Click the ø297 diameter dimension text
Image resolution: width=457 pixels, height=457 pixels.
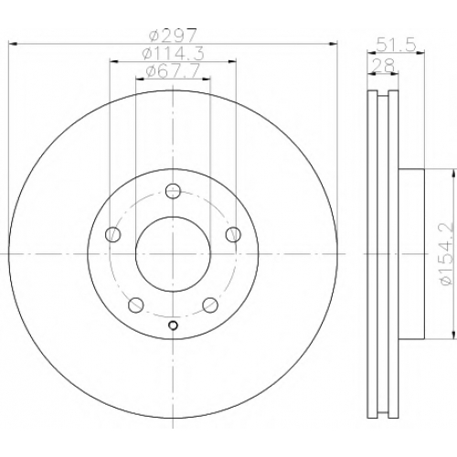coord(173,36)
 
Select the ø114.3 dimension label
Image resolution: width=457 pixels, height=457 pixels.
coord(173,54)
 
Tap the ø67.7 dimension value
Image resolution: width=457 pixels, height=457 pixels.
coord(173,70)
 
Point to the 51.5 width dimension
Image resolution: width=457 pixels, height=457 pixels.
coord(396,45)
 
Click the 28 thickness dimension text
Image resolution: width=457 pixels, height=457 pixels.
coord(383,65)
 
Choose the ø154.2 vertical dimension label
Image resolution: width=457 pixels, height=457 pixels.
coord(447,254)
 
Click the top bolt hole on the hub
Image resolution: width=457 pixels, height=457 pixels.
coord(173,191)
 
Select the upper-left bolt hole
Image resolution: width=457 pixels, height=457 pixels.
coord(113,235)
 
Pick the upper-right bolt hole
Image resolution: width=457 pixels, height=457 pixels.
coord(233,235)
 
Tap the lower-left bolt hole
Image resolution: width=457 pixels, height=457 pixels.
coord(136,305)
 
